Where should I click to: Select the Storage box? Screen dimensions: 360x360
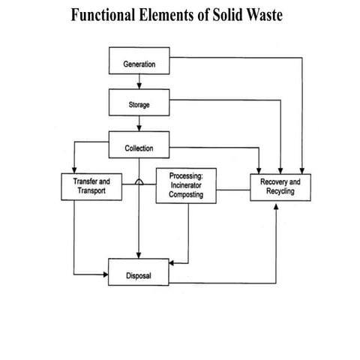(x=139, y=105)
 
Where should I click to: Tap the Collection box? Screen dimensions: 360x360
(x=139, y=148)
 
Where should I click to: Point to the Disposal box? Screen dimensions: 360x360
(x=139, y=275)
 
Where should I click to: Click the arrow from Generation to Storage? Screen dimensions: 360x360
(x=139, y=84)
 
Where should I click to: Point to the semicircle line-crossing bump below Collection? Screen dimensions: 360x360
(x=139, y=181)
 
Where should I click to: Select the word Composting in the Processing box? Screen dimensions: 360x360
(x=181, y=194)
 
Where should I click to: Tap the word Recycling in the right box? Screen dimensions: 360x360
(x=278, y=193)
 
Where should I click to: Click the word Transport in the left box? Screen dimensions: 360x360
(x=88, y=192)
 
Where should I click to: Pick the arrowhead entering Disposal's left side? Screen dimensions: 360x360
(x=105, y=275)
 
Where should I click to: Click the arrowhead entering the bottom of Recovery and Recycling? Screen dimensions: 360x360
(x=277, y=207)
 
